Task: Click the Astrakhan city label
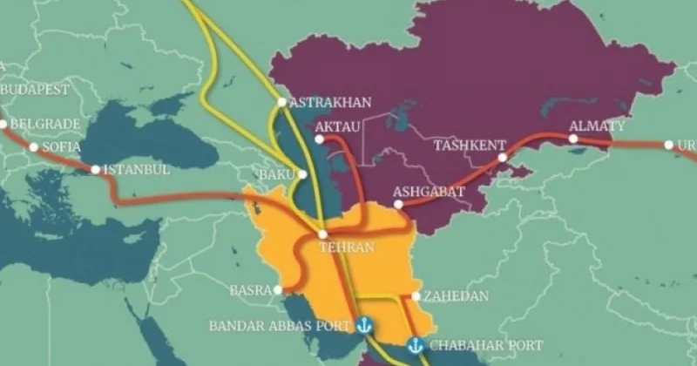point(329,103)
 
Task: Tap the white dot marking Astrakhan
point(281,102)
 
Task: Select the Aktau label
point(336,128)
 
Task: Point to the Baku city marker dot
point(302,174)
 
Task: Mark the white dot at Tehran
point(322,234)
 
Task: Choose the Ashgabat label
point(428,191)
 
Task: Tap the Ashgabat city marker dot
point(398,205)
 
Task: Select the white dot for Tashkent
point(503,158)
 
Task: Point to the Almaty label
point(597,125)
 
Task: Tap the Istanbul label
point(137,169)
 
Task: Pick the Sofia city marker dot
point(34,146)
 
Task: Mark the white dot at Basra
point(277,289)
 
